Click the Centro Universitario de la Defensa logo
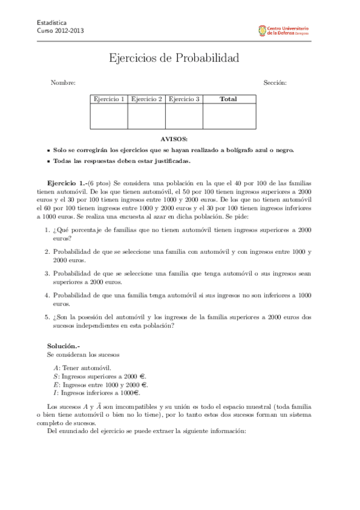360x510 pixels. (283, 29)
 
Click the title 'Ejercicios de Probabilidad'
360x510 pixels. (174, 58)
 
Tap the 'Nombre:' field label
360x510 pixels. (63, 82)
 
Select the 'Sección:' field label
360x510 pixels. (275, 82)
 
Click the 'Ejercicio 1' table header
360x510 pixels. (109, 99)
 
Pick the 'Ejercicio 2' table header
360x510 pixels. (147, 99)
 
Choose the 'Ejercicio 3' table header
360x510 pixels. (184, 99)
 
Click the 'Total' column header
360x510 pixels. (228, 99)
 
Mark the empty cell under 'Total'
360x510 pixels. (228, 116)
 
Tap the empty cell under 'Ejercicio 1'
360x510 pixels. (109, 116)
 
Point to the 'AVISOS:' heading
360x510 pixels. (174, 139)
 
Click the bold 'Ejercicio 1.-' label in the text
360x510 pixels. (67, 182)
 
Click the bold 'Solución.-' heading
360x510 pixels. (63, 346)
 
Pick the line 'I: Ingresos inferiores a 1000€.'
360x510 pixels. (96, 393)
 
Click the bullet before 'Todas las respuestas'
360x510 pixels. (48, 161)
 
